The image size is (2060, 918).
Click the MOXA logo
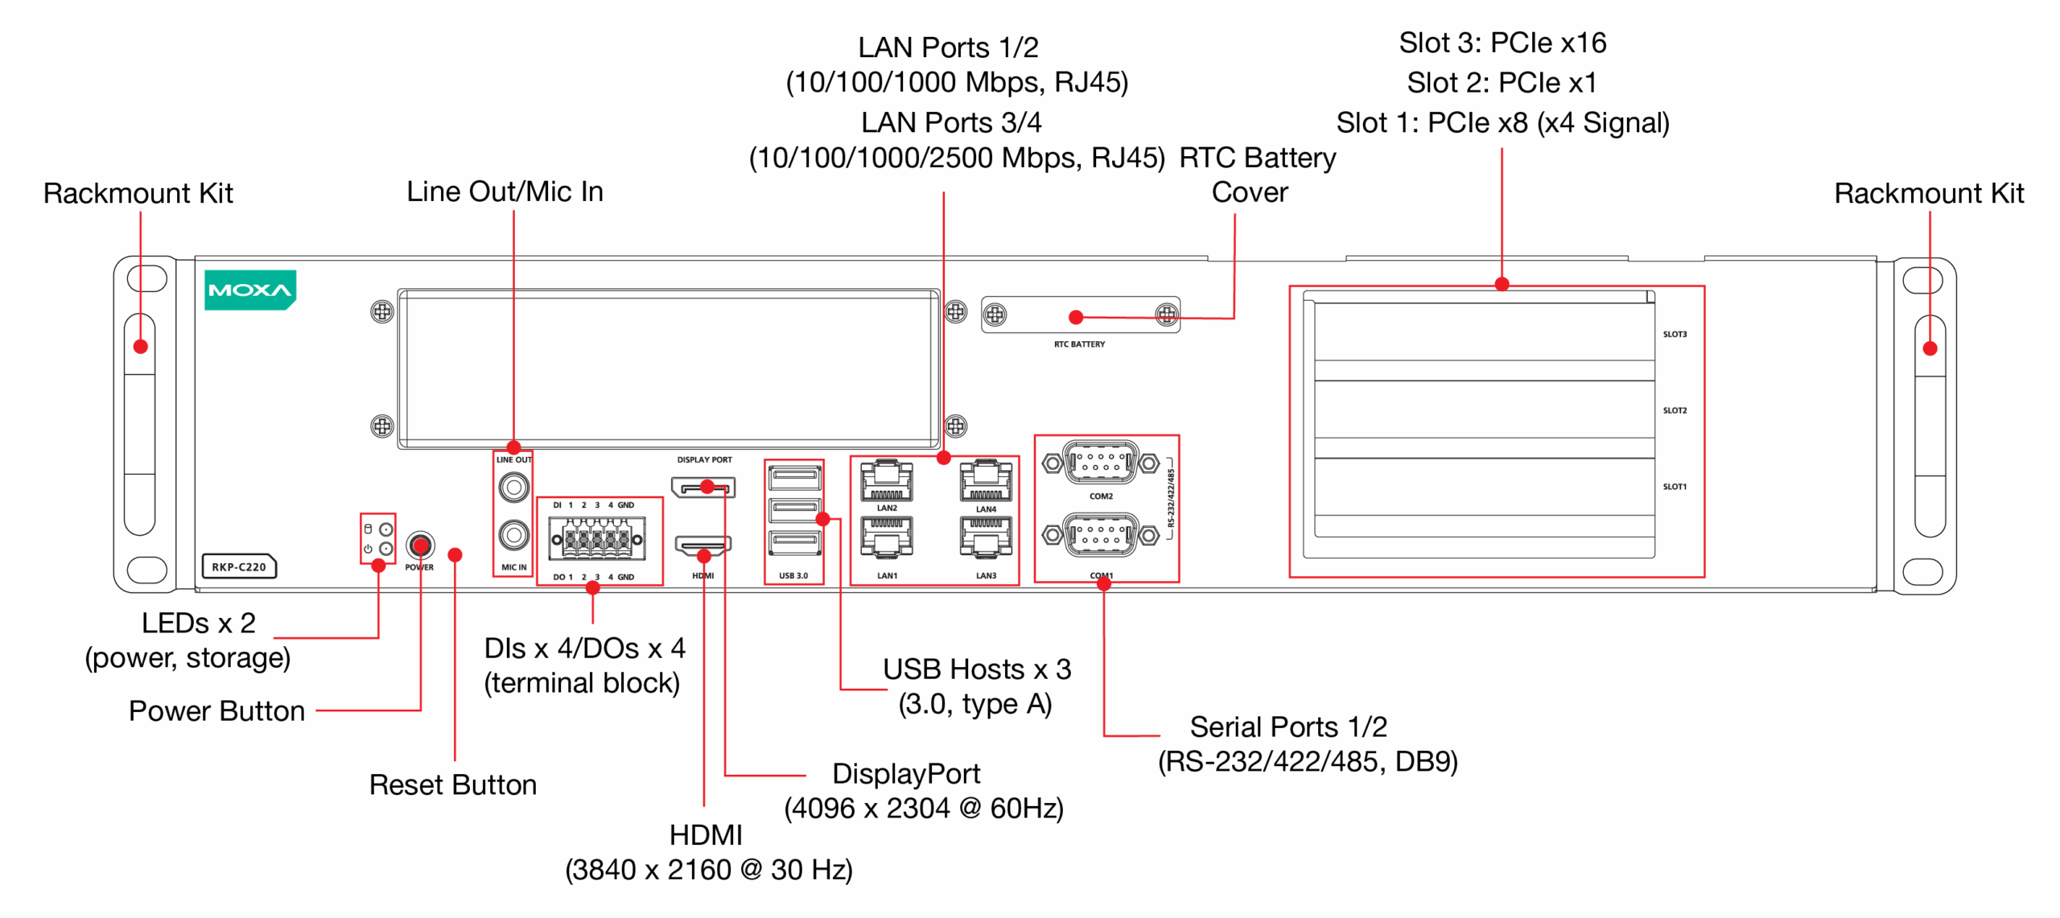pos(249,290)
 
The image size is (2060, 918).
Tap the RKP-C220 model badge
pos(239,566)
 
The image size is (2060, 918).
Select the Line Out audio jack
pos(513,487)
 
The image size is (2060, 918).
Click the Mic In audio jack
pos(513,535)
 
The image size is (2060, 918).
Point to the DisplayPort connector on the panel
pos(703,488)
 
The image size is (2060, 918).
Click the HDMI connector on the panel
pos(702,547)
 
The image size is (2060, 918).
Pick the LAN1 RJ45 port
pos(886,537)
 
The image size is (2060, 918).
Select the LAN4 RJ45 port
pos(986,480)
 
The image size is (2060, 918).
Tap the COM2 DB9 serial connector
pos(1100,463)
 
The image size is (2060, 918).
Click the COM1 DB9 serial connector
pos(1100,535)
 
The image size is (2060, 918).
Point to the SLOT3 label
pos(1674,334)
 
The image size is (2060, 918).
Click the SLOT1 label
pos(1674,486)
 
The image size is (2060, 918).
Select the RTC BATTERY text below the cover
pos(1079,344)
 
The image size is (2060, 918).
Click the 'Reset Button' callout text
pos(452,784)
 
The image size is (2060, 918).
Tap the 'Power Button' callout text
pos(216,710)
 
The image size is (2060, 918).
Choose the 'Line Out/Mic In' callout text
pos(505,191)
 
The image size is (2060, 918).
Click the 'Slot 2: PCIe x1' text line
pos(1501,82)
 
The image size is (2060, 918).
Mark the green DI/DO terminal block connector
pos(596,538)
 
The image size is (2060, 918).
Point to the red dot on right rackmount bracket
pos(1929,348)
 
